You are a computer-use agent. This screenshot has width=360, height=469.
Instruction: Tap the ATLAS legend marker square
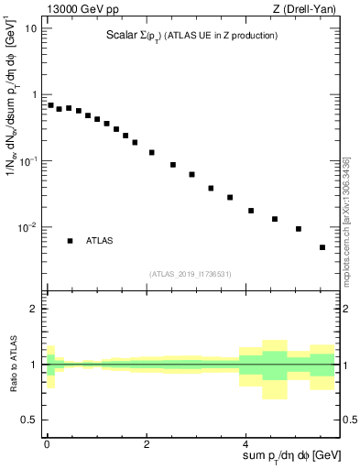[x=70, y=241]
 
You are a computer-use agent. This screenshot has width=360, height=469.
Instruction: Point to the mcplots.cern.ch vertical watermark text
[x=347, y=217]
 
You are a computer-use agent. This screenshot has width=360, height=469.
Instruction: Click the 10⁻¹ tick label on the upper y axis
[x=28, y=161]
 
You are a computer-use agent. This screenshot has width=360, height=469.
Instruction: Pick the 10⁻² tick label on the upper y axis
[x=28, y=227]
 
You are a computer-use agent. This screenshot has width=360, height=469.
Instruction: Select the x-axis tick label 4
[x=248, y=443]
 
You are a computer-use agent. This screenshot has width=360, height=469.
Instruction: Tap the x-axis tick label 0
[x=47, y=443]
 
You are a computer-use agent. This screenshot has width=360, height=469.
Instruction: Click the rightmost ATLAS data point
[x=322, y=247]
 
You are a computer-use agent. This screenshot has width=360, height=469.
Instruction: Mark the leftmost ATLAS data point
[x=50, y=104]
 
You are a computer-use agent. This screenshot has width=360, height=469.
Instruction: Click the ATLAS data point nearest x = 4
[x=251, y=211]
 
